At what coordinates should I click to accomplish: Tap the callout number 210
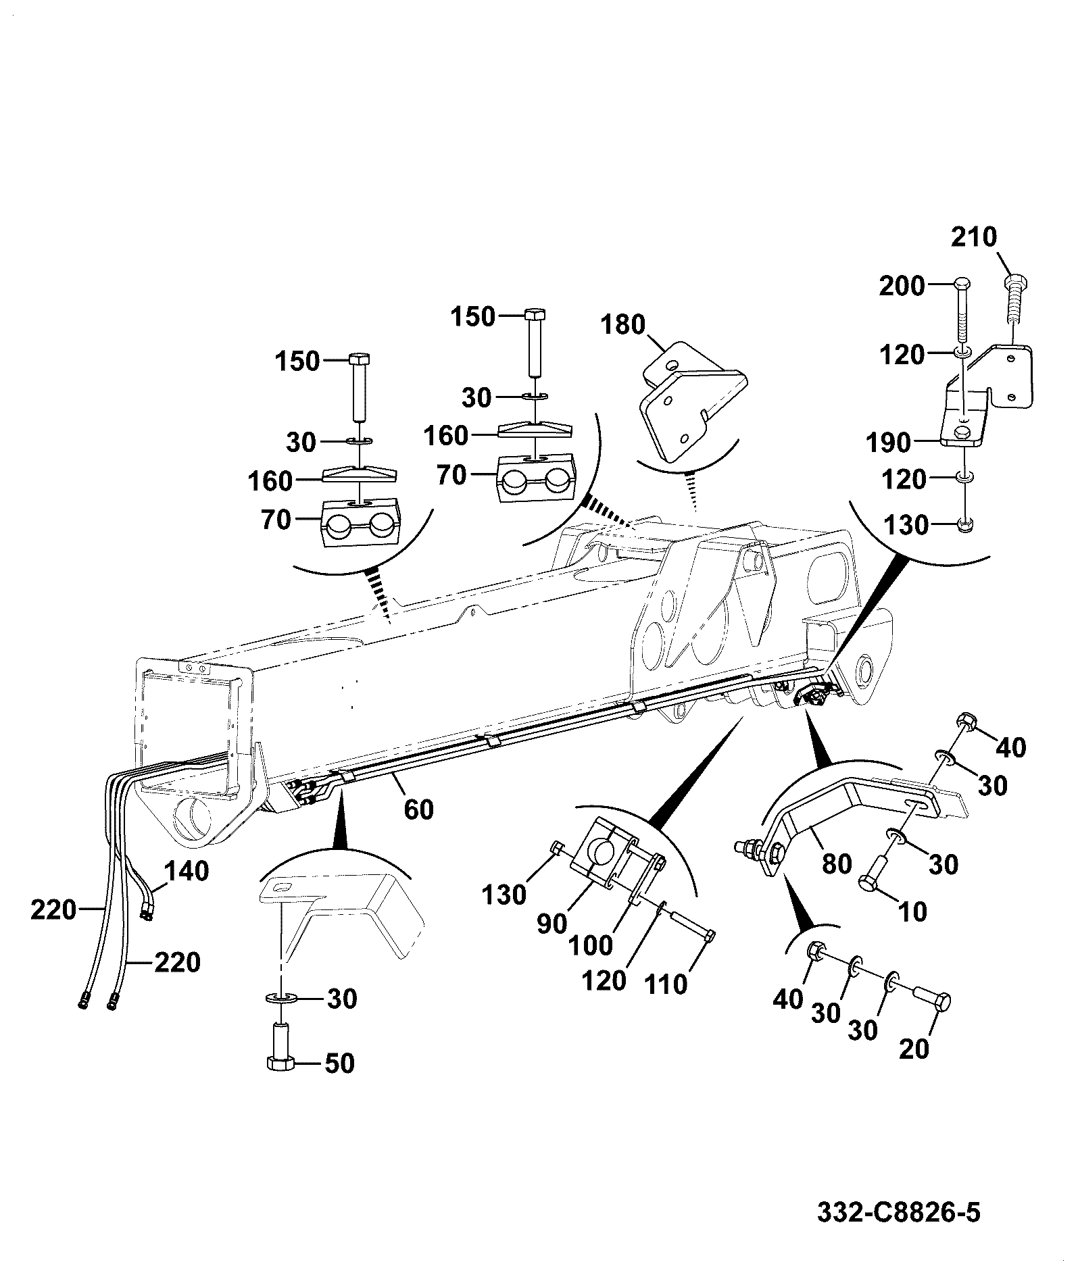pyautogui.click(x=974, y=237)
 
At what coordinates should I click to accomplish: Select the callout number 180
pyautogui.click(x=622, y=325)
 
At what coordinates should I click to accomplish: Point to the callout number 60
pyautogui.click(x=418, y=809)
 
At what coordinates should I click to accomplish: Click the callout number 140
pyautogui.click(x=187, y=871)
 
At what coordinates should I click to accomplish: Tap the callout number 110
pyautogui.click(x=666, y=984)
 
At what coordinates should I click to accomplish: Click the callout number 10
pyautogui.click(x=912, y=912)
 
